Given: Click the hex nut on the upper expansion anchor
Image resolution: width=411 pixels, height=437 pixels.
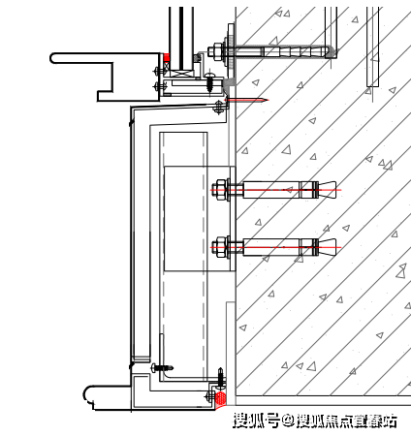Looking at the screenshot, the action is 221,190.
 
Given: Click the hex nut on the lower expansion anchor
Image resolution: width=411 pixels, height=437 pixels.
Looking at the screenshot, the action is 221,247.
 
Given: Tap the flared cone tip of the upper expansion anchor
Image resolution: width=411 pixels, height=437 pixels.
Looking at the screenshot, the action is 327,190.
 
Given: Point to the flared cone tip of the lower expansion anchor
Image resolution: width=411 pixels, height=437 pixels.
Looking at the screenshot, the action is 327,247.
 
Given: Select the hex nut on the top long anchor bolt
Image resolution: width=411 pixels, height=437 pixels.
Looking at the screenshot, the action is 215,52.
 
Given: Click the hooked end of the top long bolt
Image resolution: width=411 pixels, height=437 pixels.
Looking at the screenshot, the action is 332,52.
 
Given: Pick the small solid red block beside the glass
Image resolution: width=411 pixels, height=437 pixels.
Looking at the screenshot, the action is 167,58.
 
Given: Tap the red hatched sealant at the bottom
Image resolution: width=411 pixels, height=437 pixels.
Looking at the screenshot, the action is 221,398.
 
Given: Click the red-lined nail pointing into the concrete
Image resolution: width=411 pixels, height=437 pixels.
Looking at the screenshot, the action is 247,100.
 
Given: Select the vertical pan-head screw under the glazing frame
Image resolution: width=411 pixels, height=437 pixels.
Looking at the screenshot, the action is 209,82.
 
